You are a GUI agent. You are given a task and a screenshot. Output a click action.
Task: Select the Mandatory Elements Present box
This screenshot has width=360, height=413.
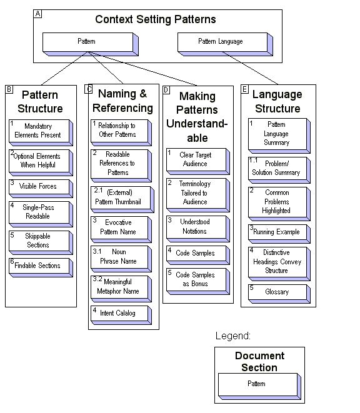coord(38,130)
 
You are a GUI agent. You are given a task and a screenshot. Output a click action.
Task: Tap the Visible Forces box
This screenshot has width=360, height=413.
coord(38,186)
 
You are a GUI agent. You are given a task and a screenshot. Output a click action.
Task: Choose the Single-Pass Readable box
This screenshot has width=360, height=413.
coord(38,212)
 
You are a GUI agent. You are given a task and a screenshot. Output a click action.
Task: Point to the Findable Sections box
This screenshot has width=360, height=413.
coord(38,266)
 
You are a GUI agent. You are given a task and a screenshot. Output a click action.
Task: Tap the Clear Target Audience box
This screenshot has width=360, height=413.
coord(195,159)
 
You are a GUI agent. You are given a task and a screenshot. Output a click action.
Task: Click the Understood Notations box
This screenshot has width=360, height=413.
coord(195,226)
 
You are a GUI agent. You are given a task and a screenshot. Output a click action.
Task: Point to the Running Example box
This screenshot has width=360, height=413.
coord(276,232)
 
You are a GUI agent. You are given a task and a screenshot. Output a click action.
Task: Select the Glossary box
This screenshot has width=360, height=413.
coord(276,291)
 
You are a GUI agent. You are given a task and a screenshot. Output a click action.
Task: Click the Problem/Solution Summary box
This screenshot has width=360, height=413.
coord(276,168)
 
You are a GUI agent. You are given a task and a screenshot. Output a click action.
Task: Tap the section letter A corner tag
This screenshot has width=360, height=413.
coord(37,14)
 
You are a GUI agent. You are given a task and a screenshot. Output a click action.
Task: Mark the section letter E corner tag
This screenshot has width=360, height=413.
coord(245,89)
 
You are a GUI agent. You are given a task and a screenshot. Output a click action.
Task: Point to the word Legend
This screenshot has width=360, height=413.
coord(232,336)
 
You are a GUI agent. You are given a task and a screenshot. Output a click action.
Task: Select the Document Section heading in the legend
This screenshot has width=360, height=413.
coord(259,362)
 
